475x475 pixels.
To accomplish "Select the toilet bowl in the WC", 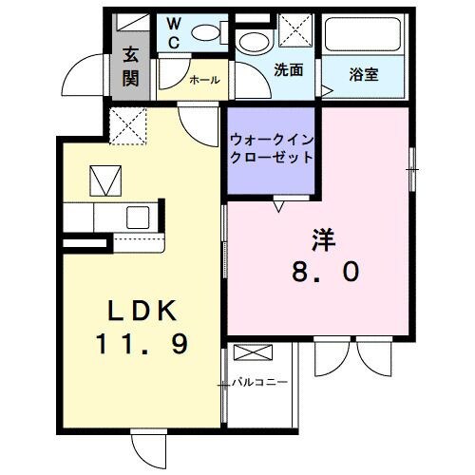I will (203, 32).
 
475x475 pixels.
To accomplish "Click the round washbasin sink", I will (253, 42).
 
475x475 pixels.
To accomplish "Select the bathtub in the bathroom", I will (365, 36).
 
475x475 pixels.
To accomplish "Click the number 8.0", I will (325, 273).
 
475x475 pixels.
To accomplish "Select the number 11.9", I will (142, 344).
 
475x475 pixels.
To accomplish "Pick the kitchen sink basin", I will (137, 216).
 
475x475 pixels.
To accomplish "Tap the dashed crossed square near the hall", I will (125, 124).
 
